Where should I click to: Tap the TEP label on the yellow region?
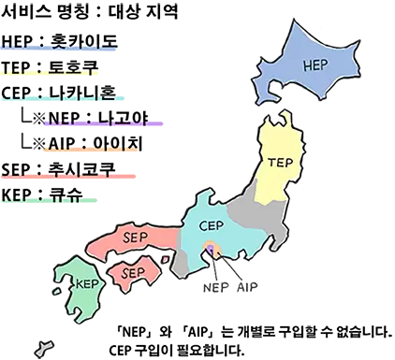[x=280, y=161]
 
